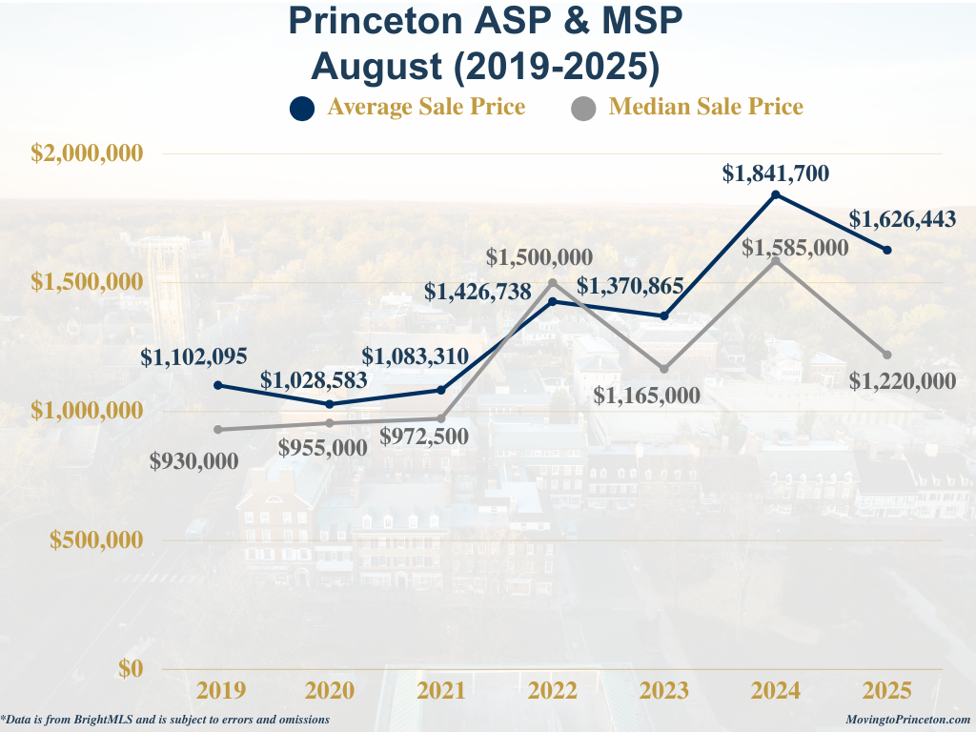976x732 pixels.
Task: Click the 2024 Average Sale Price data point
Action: pos(776,194)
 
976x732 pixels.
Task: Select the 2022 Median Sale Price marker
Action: pos(553,283)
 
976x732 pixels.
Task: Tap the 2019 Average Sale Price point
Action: pos(218,385)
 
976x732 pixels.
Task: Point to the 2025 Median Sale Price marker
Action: pos(887,355)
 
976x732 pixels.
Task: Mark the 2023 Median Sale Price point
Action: pos(664,369)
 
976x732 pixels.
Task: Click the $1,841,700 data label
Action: pos(776,173)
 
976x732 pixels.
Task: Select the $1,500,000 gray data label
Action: pos(539,257)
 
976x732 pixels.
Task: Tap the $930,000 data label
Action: pos(194,461)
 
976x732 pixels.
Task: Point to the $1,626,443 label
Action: pos(903,219)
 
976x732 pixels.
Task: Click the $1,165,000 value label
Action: pos(647,396)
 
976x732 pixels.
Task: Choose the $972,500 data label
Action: pos(424,437)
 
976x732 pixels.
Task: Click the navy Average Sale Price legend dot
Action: pos(302,109)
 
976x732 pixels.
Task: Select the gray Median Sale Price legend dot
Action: pos(583,109)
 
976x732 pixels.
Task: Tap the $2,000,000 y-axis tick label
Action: pos(87,152)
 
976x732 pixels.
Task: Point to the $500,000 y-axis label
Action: pos(96,539)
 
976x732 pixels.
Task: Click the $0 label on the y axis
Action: pos(131,668)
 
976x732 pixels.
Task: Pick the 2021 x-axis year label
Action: pos(440,690)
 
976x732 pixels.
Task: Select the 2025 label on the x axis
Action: pos(887,690)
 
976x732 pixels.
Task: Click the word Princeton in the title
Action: pos(376,20)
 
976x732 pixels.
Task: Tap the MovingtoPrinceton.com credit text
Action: pos(907,720)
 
